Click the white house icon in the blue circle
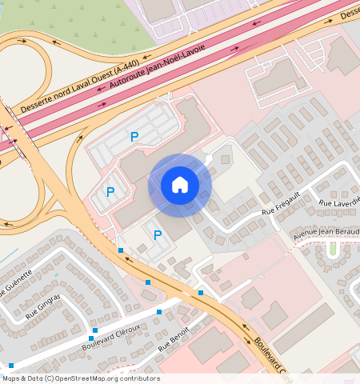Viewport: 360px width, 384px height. point(180,185)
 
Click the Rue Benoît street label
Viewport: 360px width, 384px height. point(174,339)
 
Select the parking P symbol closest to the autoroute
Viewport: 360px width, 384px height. point(134,138)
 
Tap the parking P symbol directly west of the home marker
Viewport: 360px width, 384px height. point(110,191)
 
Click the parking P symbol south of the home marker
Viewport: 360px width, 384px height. point(158,234)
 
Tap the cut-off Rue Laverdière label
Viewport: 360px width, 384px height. point(339,201)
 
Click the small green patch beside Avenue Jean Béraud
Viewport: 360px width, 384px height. point(332,250)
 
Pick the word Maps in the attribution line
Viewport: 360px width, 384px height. point(11,378)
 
